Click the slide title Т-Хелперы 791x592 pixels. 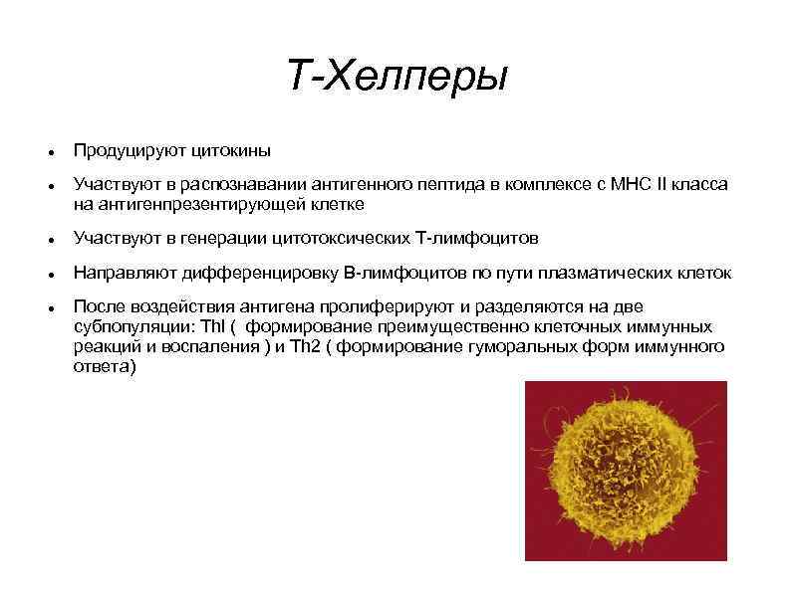click(396, 76)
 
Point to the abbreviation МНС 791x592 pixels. click(629, 186)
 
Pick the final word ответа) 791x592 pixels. click(103, 366)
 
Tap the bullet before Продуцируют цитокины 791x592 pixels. click(50, 152)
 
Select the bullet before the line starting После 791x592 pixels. click(50, 308)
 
